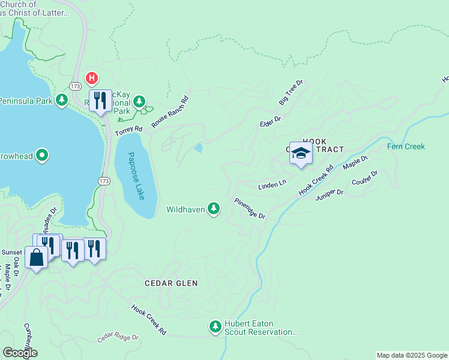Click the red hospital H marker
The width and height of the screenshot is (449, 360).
click(91, 77)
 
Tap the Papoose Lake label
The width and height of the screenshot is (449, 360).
click(136, 176)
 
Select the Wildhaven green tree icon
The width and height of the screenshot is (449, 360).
click(213, 208)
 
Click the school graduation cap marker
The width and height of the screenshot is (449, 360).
click(301, 154)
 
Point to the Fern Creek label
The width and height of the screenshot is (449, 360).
click(406, 146)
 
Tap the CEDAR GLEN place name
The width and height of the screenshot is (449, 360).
click(171, 283)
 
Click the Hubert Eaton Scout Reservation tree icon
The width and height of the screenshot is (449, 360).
click(215, 327)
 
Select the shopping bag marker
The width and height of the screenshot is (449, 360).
click(37, 258)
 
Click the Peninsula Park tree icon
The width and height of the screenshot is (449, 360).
click(61, 100)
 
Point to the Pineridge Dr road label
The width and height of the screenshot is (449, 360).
click(250, 208)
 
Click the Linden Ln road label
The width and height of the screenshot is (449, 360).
click(272, 186)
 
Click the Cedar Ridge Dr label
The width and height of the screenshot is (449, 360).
click(118, 338)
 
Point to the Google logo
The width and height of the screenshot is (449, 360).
click(20, 353)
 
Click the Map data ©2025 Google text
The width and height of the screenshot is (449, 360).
click(412, 355)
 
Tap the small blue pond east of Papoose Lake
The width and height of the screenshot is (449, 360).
click(198, 148)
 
